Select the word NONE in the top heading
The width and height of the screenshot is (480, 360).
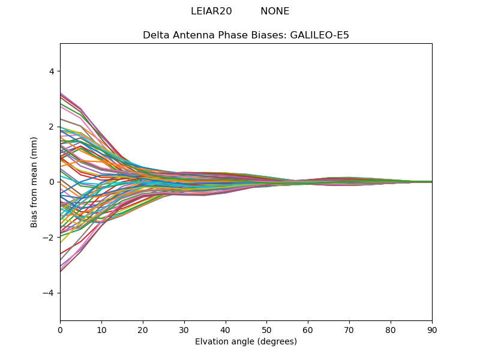click(275, 11)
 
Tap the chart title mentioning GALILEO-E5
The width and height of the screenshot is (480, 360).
click(246, 35)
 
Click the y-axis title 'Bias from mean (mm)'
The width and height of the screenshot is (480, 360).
click(34, 182)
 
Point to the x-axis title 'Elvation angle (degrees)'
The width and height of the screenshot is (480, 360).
click(246, 342)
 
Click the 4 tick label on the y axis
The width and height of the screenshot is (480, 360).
click(51, 71)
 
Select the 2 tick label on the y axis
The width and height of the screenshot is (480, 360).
click(51, 127)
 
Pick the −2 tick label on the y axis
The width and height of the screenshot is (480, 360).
click(49, 238)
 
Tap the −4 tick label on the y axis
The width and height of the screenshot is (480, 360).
click(49, 293)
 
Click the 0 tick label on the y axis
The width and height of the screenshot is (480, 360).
click(51, 182)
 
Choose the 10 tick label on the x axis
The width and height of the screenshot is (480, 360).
click(101, 330)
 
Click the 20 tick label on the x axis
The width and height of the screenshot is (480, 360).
click(143, 330)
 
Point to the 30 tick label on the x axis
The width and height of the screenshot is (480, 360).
click(184, 330)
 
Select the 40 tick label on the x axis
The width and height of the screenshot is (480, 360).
click(226, 330)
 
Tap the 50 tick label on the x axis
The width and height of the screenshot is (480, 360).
click(266, 330)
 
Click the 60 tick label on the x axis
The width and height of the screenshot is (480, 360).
click(308, 330)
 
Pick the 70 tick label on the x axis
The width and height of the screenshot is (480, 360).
click(349, 330)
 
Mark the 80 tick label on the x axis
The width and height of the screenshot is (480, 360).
click(391, 330)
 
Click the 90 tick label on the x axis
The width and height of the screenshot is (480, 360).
click(432, 330)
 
